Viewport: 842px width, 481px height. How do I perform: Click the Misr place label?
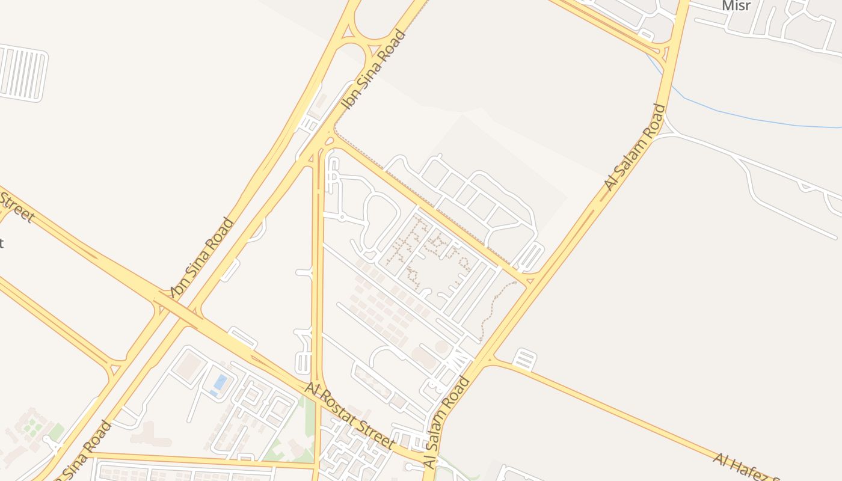[736, 5]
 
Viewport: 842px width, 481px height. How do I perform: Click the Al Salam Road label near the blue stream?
[635, 148]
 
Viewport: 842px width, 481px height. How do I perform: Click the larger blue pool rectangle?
[221, 382]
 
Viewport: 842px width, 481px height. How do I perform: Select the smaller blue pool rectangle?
[214, 393]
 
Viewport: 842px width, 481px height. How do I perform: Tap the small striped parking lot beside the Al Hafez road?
[524, 360]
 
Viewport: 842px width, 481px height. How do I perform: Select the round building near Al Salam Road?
[442, 347]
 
